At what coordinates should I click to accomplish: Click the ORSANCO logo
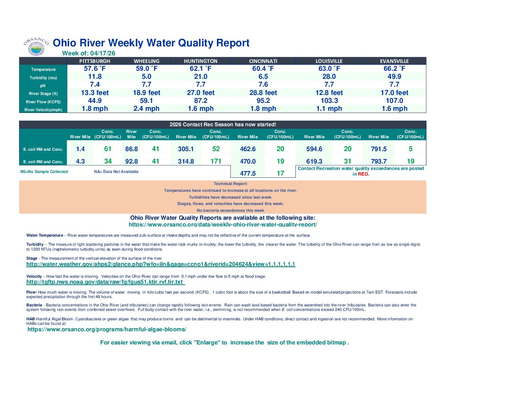click(36, 46)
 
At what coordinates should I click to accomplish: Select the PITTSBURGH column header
click(95, 61)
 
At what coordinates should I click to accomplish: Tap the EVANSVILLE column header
click(394, 61)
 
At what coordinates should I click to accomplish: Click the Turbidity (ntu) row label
click(43, 78)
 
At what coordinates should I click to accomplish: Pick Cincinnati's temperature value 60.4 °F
click(263, 69)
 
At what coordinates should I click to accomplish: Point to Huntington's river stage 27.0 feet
click(201, 93)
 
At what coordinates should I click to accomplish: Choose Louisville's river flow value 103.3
click(329, 101)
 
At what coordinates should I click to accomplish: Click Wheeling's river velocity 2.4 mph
click(146, 109)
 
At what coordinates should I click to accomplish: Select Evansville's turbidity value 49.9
click(394, 76)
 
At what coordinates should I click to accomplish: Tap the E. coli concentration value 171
click(216, 161)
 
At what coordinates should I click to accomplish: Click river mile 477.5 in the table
click(248, 173)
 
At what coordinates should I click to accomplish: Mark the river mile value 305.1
click(186, 149)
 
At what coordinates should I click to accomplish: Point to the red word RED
click(363, 174)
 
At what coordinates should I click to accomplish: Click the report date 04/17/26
click(102, 53)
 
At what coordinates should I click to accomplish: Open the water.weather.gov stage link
click(161, 264)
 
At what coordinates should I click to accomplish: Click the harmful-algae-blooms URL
click(107, 329)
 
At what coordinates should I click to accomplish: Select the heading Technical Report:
click(230, 184)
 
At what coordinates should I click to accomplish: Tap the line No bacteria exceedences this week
click(230, 211)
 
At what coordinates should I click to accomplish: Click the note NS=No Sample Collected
click(44, 172)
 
